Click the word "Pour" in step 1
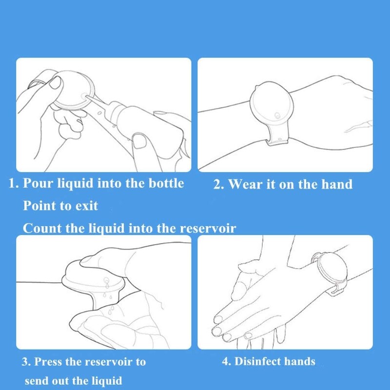[39, 184]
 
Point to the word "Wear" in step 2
[246, 184]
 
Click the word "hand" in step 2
[337, 184]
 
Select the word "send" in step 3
[37, 380]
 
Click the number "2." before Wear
[219, 185]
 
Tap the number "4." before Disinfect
[226, 362]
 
